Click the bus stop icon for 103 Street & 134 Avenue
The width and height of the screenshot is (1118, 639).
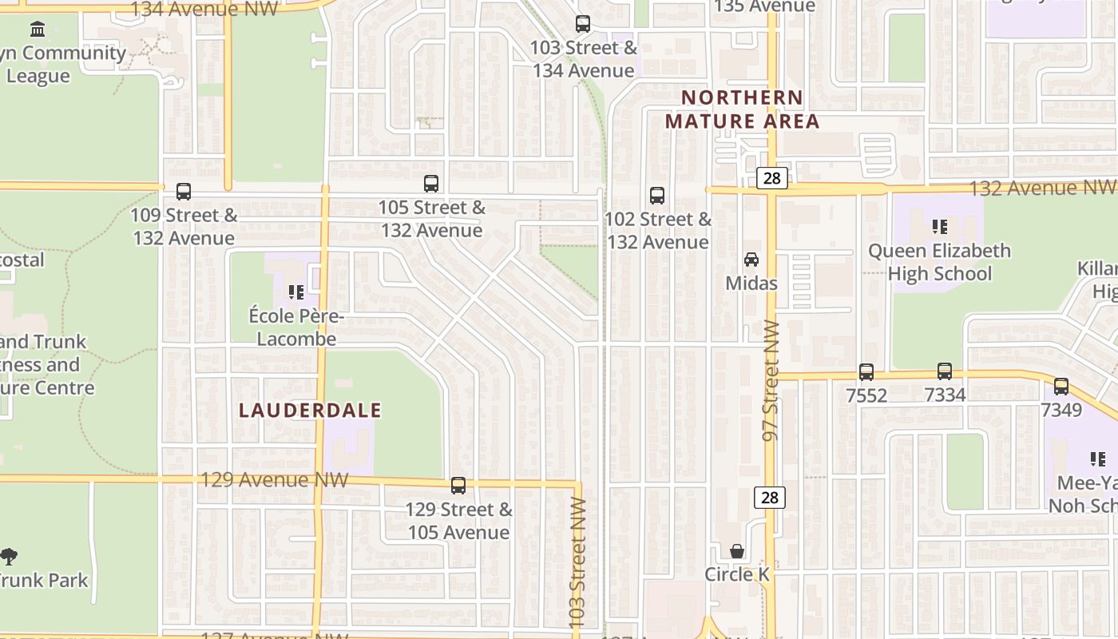(583, 24)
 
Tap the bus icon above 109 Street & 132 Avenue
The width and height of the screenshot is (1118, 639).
(184, 192)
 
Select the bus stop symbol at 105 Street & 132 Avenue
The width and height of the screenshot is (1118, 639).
(431, 184)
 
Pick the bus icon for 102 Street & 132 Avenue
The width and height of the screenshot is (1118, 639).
(657, 196)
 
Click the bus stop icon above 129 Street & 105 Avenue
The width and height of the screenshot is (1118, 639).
(458, 486)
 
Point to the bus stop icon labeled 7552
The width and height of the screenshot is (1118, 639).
(866, 372)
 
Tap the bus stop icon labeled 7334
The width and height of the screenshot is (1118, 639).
(945, 371)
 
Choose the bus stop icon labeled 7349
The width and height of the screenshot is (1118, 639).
(1061, 387)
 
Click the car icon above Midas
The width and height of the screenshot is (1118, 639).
(751, 260)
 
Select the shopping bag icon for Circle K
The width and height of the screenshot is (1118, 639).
(737, 551)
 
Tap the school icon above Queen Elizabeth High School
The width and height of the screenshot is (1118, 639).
(940, 227)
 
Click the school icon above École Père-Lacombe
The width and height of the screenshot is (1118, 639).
(296, 292)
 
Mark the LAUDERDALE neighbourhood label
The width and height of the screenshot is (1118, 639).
(311, 411)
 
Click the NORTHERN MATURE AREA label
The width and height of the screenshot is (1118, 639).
(743, 109)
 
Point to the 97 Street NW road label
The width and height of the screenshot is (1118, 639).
(771, 380)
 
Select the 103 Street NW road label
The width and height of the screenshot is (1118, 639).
(578, 562)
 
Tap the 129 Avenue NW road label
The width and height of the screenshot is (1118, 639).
(274, 479)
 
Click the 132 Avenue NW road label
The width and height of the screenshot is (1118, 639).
(1041, 188)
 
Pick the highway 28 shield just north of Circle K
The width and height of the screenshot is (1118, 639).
(770, 498)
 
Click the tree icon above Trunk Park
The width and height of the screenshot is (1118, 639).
(9, 557)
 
